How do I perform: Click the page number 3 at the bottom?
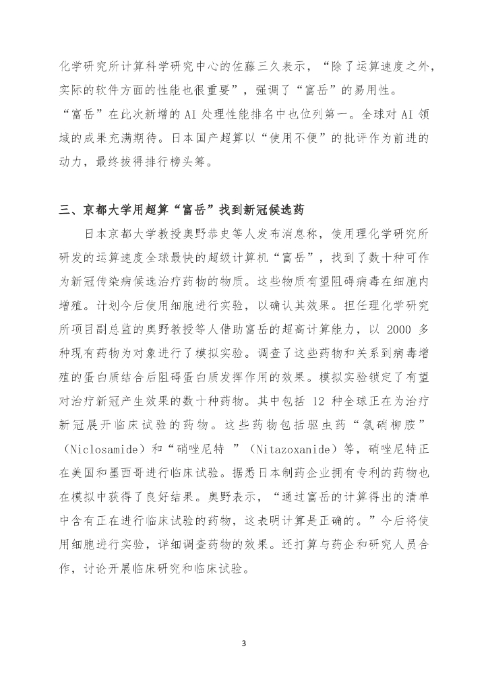click(244, 641)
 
